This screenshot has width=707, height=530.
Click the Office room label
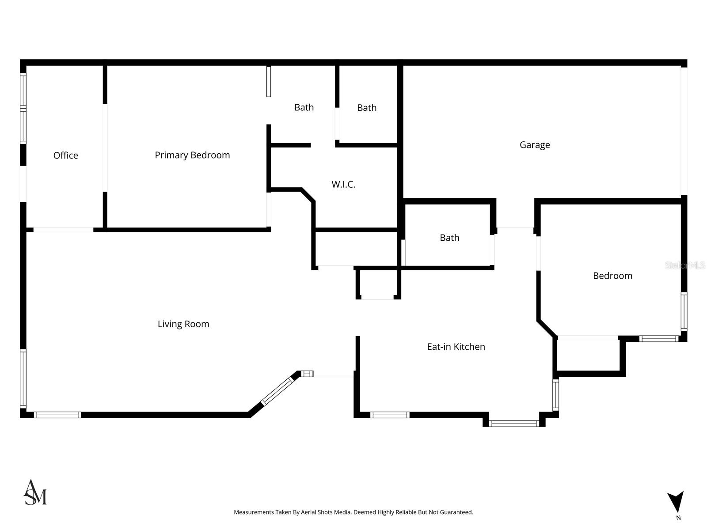tap(65, 155)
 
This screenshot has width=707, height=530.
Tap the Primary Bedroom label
tap(192, 155)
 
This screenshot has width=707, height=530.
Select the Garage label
tap(535, 145)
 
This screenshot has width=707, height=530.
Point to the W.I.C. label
tap(343, 185)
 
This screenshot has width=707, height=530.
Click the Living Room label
tap(183, 324)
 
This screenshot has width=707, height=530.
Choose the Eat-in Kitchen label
tap(456, 347)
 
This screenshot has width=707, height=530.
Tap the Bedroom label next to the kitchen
tap(612, 276)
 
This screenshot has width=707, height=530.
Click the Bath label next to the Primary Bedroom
tap(304, 107)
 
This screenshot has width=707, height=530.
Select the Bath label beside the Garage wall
tap(367, 108)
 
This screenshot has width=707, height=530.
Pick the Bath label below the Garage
tap(449, 238)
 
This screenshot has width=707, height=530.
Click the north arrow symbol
tap(676, 502)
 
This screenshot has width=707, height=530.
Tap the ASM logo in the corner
tap(35, 492)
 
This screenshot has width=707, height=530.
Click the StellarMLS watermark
tap(685, 265)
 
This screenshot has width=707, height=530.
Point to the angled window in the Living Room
tap(277, 391)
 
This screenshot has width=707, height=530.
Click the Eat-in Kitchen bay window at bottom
tap(514, 424)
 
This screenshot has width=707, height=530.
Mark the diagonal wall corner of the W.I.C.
tap(308, 195)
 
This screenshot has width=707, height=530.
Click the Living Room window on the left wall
tap(23, 378)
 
